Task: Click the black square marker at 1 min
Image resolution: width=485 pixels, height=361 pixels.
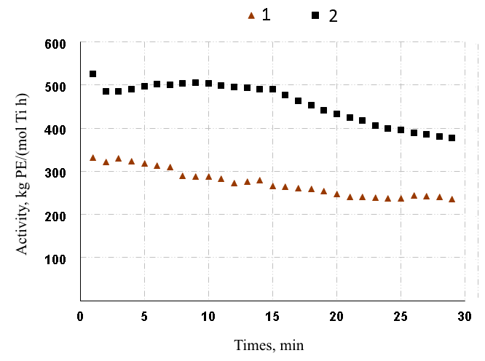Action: [x=93, y=74]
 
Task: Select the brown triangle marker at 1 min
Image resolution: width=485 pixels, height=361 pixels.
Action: [x=93, y=157]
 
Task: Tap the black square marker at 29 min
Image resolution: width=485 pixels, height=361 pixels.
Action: [x=452, y=138]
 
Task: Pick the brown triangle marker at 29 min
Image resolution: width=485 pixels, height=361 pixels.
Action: [x=452, y=199]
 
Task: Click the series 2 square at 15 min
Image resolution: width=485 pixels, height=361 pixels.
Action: [x=272, y=89]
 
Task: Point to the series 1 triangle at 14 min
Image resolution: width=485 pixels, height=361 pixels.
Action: [x=260, y=180]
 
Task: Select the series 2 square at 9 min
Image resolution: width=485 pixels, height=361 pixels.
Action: [x=196, y=83]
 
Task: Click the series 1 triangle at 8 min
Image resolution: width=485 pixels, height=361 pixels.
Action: [x=183, y=175]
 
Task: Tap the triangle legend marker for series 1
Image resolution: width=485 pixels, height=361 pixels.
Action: [x=251, y=15]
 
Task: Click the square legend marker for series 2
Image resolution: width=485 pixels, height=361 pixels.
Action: [x=316, y=15]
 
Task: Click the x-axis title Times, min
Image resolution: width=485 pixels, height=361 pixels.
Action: [x=269, y=344]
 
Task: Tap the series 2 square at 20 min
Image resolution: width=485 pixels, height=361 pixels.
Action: [x=336, y=114]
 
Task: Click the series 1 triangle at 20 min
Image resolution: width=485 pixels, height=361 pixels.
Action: [x=336, y=194]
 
